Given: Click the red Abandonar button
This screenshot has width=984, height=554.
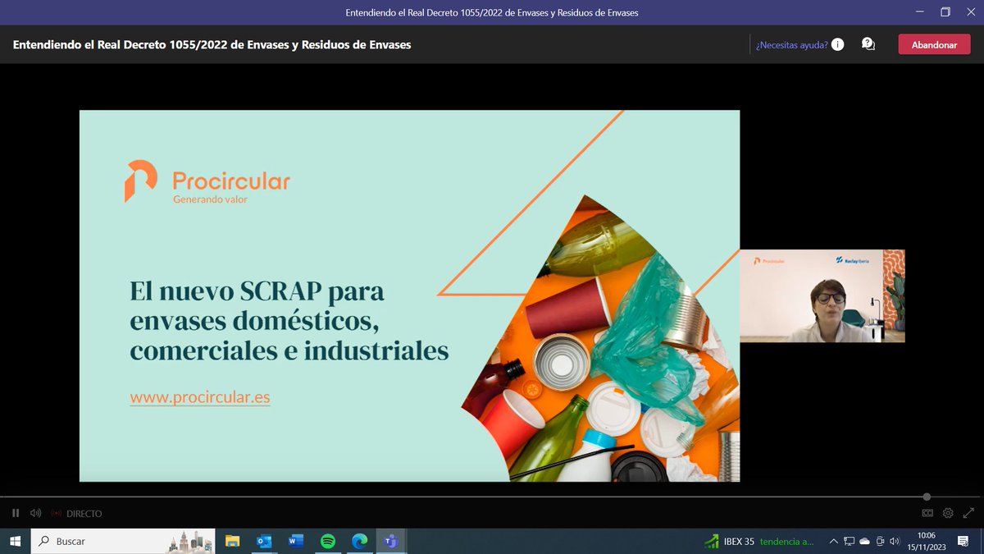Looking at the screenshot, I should click(934, 45).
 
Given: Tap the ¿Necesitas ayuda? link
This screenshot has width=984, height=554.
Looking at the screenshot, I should click(791, 45).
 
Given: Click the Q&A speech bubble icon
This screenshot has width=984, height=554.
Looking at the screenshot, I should click(868, 44).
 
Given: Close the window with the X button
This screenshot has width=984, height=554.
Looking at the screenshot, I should click(968, 12).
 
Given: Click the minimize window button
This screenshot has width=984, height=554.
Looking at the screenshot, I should click(922, 12).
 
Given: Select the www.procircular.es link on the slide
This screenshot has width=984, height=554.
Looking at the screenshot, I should click(200, 398).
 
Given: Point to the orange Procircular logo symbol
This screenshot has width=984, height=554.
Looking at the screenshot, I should click(140, 181).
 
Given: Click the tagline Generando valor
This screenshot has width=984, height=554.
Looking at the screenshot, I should click(210, 199).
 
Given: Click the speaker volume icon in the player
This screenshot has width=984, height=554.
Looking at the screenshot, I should click(35, 513).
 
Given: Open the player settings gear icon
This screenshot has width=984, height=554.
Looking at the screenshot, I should click(948, 513).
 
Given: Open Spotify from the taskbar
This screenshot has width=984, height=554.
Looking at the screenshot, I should click(327, 542).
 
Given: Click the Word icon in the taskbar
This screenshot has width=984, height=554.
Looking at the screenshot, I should click(296, 542).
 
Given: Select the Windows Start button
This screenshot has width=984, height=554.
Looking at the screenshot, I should click(15, 542).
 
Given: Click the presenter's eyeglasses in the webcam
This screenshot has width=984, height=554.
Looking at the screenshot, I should click(830, 297).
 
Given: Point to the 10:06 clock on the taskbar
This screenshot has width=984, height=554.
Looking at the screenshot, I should click(927, 536).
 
